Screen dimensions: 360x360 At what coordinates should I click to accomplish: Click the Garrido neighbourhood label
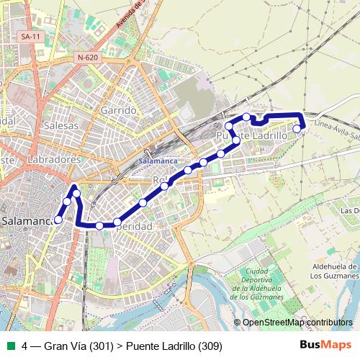coord(119,110)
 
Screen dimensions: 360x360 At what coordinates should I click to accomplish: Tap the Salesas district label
coord(60,125)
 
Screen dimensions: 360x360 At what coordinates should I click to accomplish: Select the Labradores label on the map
coord(55,159)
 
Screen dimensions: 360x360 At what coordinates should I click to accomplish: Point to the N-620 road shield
coord(86,58)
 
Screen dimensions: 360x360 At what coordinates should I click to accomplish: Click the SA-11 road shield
coord(30,36)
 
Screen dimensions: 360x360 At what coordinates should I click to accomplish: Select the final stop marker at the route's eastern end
coord(297,129)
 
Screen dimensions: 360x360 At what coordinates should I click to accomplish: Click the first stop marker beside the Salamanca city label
coord(58,220)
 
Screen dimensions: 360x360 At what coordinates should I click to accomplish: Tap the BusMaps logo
coord(325,346)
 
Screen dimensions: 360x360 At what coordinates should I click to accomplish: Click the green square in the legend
coord(11,346)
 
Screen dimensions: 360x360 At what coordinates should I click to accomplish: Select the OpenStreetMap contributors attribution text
coord(297,323)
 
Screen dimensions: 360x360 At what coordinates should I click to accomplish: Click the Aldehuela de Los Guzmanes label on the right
coord(334,271)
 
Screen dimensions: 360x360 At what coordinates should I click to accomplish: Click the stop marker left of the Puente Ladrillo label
coord(229,126)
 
